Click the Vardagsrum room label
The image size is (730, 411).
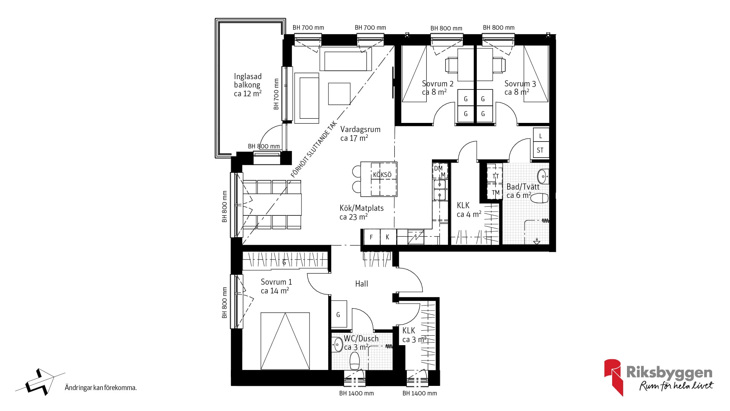click(360, 129)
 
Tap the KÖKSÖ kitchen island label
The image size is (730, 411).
click(382, 175)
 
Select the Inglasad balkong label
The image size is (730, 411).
click(248, 81)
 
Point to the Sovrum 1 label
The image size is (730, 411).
click(276, 282)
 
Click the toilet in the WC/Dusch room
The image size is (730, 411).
click(355, 360)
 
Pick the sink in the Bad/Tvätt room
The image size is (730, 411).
click(543, 176)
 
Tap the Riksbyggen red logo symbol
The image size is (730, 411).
click(613, 377)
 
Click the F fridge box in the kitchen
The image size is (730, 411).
click(371, 237)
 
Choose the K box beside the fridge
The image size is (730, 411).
click(388, 237)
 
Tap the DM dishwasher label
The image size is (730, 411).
click(438, 168)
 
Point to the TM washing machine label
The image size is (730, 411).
click(495, 193)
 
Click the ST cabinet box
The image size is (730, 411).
click(540, 150)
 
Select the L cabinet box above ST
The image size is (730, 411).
click(541, 135)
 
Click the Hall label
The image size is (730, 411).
click(362, 284)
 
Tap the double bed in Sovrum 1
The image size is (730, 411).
click(285, 341)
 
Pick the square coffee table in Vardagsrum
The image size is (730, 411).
click(340, 94)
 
